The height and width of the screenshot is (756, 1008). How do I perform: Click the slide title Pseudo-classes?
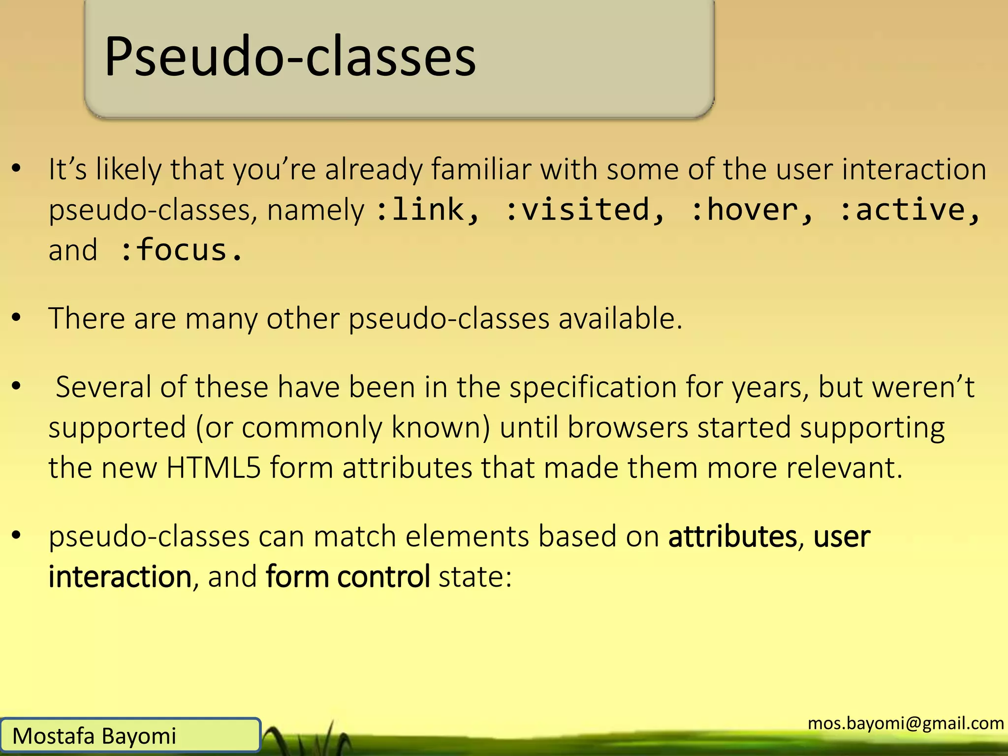click(290, 57)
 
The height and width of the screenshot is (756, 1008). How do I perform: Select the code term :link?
click(427, 210)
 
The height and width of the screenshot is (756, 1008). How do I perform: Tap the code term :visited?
click(585, 210)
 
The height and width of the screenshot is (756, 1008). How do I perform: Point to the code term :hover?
click(752, 210)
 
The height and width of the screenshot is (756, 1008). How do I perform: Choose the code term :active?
click(910, 210)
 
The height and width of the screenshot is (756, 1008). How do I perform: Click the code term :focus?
click(181, 251)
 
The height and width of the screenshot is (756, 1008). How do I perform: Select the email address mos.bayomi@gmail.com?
click(906, 723)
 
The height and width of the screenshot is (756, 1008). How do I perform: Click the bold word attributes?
click(732, 536)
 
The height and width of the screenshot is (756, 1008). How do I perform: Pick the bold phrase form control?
click(347, 577)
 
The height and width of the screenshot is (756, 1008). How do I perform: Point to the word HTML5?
click(213, 468)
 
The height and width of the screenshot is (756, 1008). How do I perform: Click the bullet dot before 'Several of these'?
click(17, 386)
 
